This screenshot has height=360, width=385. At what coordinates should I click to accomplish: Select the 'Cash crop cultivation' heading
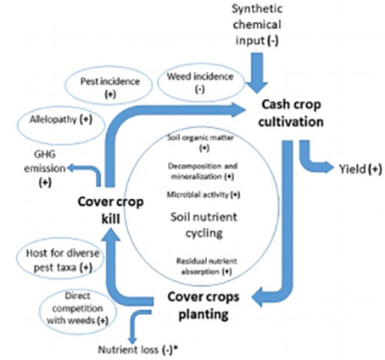[x=292, y=113]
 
